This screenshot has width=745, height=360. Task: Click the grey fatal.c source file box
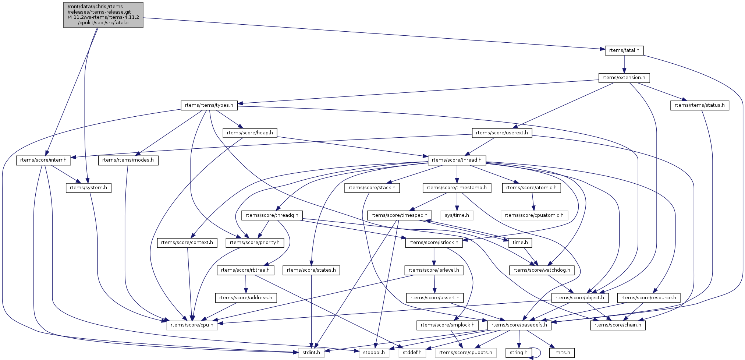click(103, 15)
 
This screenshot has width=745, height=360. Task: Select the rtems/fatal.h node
click(624, 50)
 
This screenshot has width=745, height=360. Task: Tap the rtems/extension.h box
click(624, 78)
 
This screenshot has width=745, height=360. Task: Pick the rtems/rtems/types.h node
click(209, 105)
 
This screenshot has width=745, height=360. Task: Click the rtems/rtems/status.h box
click(699, 105)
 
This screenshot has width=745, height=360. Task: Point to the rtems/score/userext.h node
click(502, 133)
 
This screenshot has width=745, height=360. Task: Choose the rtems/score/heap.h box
click(250, 133)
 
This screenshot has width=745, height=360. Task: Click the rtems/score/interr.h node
click(43, 160)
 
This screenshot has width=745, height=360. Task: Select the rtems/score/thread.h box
click(457, 160)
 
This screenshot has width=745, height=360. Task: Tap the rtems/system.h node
click(88, 188)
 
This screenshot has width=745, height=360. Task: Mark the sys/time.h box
click(457, 215)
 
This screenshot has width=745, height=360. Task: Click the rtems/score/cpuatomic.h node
click(534, 215)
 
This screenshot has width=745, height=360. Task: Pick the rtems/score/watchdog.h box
click(542, 270)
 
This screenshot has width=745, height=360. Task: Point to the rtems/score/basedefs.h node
click(519, 325)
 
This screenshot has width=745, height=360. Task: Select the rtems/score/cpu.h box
click(192, 325)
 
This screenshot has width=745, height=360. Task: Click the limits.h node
click(561, 353)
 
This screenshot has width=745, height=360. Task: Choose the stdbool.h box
click(374, 353)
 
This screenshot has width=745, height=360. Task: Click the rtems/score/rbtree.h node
click(245, 270)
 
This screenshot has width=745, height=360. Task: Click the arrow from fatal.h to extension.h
click(624, 64)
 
